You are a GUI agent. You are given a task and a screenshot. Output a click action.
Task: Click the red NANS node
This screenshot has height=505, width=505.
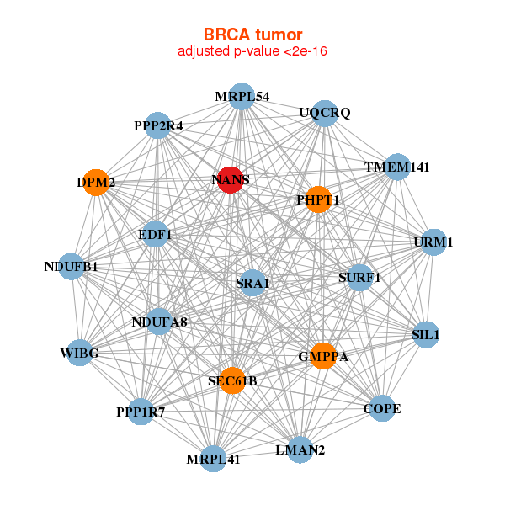(231, 179)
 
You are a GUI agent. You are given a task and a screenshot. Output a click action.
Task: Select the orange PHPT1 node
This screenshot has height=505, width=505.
(317, 199)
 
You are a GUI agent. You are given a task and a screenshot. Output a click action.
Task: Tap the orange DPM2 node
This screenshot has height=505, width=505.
(97, 183)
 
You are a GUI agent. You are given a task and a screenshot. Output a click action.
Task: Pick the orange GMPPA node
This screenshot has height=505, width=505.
(322, 356)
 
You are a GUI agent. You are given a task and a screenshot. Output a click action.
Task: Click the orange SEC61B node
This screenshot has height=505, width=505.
(232, 380)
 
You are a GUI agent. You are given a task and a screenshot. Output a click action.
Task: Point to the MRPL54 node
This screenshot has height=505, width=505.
(242, 97)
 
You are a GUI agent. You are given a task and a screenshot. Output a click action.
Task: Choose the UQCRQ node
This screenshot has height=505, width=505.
(325, 113)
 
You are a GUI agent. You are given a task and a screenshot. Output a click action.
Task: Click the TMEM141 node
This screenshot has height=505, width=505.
(396, 167)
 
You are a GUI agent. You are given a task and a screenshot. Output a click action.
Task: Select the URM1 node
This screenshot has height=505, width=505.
(433, 242)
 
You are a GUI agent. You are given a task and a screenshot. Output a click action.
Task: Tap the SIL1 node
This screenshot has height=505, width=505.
(426, 334)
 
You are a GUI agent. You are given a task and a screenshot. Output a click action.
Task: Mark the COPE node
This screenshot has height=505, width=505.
(382, 409)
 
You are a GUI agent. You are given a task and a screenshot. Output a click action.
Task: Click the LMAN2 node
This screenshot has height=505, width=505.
(300, 449)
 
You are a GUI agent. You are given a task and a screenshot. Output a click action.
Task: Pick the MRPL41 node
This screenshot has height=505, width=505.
(214, 459)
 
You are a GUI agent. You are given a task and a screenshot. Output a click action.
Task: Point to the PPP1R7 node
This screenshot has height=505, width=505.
(141, 412)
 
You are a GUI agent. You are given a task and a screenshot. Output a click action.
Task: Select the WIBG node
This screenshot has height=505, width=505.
(79, 353)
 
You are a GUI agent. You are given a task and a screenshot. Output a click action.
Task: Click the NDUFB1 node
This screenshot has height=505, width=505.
(72, 267)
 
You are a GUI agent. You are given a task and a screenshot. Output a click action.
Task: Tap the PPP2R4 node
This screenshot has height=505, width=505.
(158, 126)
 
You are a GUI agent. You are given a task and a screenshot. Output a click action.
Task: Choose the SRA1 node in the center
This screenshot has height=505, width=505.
(252, 283)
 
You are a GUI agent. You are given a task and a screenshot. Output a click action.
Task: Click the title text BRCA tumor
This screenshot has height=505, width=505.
(252, 35)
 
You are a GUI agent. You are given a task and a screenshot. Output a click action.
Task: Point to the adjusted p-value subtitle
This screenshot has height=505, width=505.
(252, 51)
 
